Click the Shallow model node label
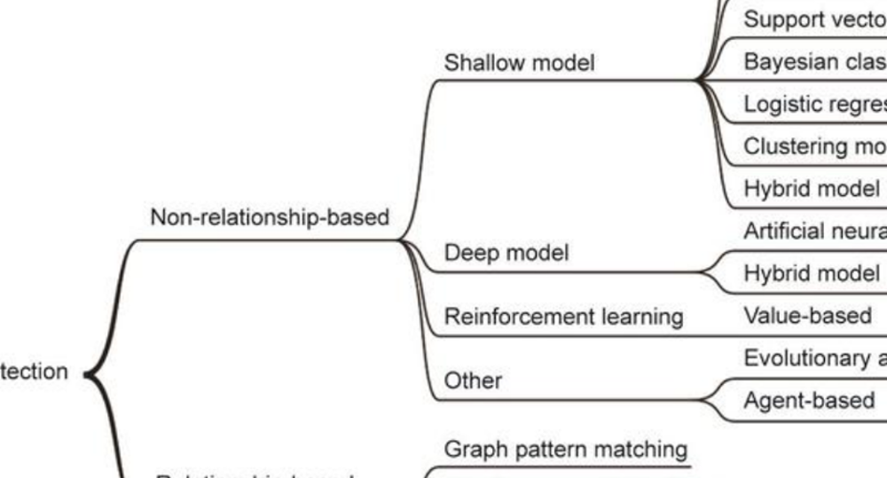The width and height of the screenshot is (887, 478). (x=519, y=63)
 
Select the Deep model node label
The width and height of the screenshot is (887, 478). (x=506, y=254)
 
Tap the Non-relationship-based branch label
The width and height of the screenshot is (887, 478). (x=270, y=217)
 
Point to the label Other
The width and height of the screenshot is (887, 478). (x=473, y=381)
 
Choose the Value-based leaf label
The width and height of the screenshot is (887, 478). (x=807, y=316)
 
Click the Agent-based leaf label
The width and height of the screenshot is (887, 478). (x=809, y=400)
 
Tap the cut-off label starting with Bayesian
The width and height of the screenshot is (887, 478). (x=814, y=62)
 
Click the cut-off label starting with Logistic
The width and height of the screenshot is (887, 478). (x=814, y=105)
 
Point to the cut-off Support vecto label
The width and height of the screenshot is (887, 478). (x=814, y=20)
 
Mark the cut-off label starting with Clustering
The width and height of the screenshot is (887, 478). (x=814, y=146)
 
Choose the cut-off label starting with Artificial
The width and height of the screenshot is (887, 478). (x=814, y=231)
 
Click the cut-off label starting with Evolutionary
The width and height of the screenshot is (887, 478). (x=814, y=357)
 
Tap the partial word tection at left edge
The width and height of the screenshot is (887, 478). (x=34, y=372)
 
